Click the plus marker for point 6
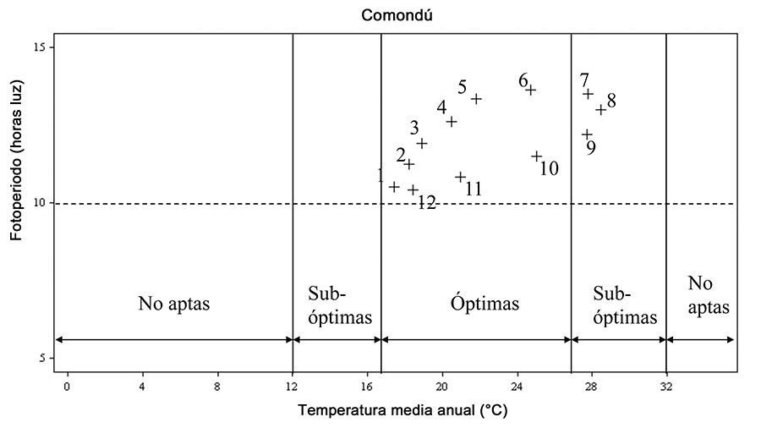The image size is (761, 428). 531,90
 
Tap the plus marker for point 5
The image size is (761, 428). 476,99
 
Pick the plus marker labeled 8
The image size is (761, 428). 600,110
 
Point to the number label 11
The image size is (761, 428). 473,189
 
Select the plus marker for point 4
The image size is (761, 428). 452,122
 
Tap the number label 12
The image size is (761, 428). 426,203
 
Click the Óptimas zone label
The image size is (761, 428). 485,304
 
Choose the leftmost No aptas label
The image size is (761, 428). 173,304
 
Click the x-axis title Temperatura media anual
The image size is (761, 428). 402,412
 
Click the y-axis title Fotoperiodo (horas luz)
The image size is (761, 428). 16,161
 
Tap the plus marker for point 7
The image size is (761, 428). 588,94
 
